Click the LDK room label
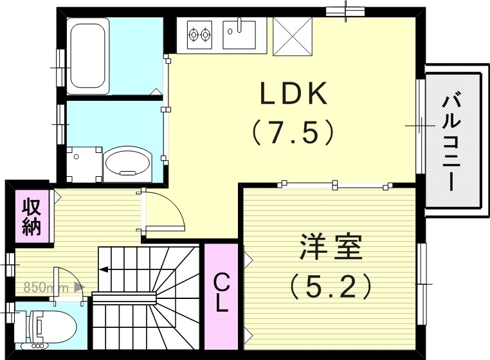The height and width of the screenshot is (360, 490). [294, 95]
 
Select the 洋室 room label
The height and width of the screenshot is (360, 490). [331, 248]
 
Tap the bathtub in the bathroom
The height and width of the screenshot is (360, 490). [89, 55]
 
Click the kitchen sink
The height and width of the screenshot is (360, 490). [239, 33]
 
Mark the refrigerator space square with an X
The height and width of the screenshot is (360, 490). [292, 36]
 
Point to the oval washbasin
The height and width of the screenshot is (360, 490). [127, 162]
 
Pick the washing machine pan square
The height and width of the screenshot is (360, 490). [84, 163]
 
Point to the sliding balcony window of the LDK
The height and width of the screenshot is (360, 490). [420, 126]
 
